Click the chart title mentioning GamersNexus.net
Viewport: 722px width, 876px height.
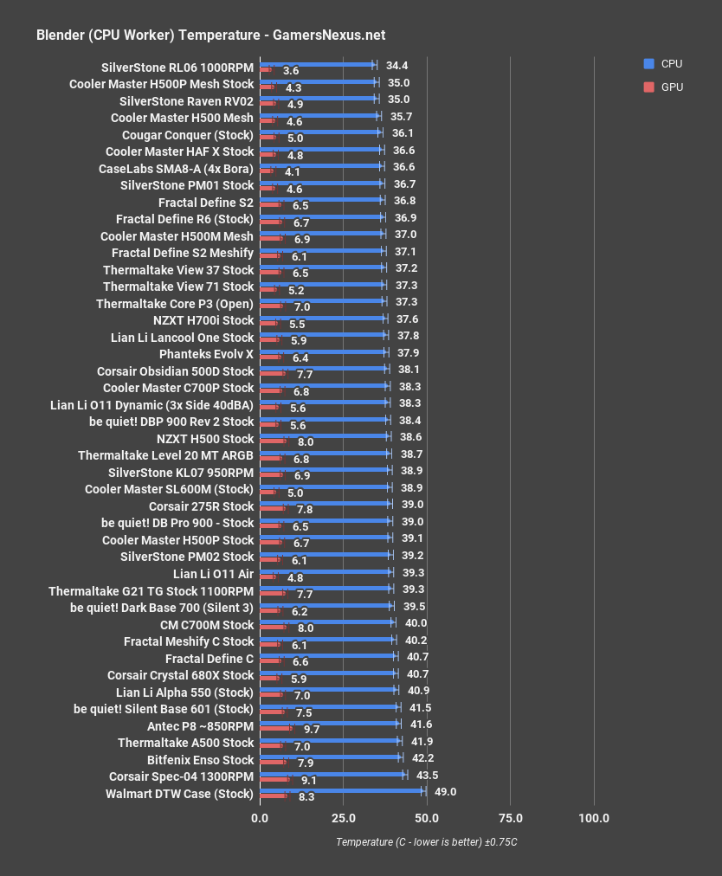210,35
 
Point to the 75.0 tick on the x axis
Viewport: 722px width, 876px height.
510,818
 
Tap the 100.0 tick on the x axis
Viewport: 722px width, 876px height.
594,818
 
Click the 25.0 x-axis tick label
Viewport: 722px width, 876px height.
343,818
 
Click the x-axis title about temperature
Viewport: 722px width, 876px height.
427,842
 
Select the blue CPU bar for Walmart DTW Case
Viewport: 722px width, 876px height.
342,789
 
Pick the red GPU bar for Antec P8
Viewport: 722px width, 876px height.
276,729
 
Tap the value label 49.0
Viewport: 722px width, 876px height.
446,792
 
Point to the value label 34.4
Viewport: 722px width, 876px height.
397,65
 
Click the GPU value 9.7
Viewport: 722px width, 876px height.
312,730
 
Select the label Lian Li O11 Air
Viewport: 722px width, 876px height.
213,574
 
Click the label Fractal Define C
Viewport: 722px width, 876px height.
210,659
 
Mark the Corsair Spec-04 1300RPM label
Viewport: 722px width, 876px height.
181,776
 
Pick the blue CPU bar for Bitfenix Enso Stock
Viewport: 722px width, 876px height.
330,756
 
